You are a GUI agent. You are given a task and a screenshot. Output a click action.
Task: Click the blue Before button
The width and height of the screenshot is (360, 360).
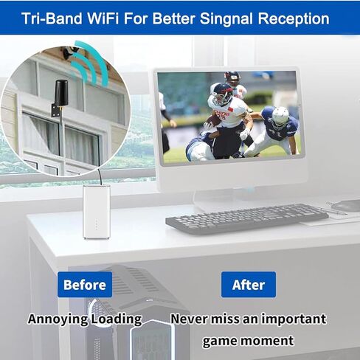click(85, 284)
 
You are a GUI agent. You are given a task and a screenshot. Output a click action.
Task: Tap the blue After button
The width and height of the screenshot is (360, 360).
click(249, 284)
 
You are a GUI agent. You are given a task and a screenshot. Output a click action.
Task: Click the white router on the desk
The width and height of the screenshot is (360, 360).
click(96, 211)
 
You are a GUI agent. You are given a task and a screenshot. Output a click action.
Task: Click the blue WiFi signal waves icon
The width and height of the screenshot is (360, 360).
click(88, 62)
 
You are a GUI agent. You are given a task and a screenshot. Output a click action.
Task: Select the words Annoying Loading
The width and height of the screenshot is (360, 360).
click(85, 319)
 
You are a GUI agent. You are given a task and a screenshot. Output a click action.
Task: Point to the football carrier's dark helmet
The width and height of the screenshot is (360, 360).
click(223, 93)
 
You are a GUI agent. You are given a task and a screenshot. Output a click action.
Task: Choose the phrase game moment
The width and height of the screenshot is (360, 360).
click(248, 340)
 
